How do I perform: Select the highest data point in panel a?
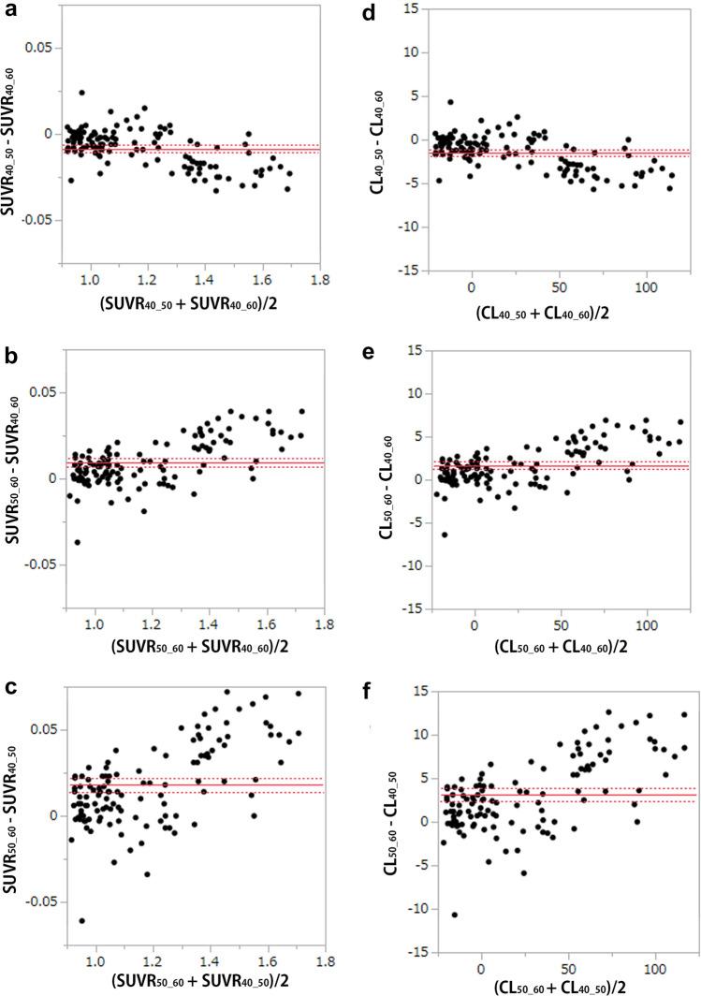click(81, 93)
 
